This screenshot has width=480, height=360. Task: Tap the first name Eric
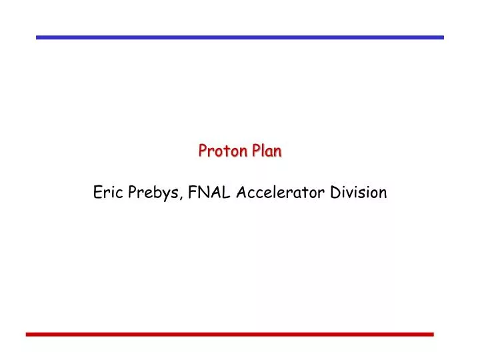[107, 193]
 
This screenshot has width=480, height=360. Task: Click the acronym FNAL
[207, 193]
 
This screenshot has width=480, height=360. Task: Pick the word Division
[359, 193]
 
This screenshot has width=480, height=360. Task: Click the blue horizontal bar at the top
[239, 37]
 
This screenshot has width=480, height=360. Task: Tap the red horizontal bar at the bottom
[229, 333]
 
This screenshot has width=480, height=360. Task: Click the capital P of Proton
[202, 151]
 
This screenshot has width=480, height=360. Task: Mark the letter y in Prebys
[168, 195]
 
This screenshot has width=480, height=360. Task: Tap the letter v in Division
[353, 194]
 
